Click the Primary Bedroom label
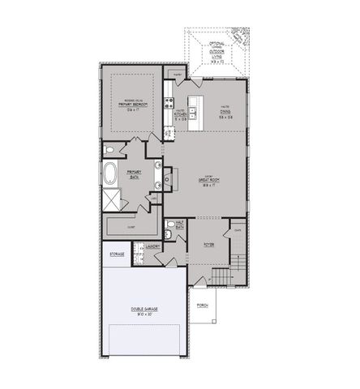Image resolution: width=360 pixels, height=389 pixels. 131,105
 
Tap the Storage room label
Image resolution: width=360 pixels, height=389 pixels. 117,254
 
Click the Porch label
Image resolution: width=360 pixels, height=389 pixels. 202,306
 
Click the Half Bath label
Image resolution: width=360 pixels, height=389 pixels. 180,226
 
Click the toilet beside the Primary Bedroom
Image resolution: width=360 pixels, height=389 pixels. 110,151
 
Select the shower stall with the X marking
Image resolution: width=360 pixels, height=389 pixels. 111,199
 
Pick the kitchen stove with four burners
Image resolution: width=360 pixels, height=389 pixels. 169,103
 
